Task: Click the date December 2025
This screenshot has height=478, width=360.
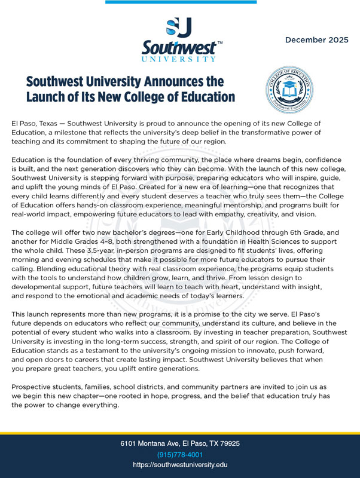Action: coord(316,40)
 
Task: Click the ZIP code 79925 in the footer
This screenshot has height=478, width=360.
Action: coord(227,444)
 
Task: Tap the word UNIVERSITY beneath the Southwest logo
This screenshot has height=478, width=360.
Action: coord(179,60)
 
